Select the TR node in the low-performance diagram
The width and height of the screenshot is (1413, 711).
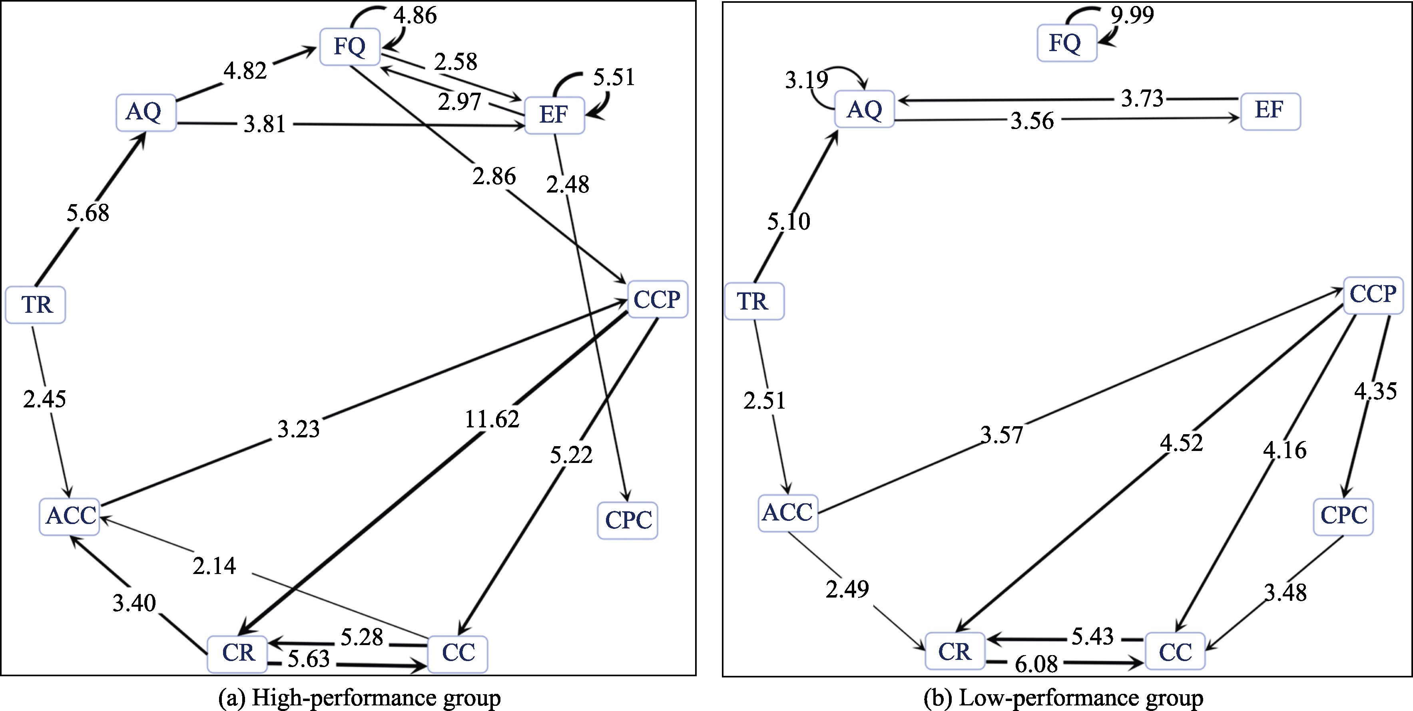(754, 301)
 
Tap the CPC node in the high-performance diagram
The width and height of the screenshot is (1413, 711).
(628, 520)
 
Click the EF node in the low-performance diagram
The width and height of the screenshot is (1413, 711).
(1270, 111)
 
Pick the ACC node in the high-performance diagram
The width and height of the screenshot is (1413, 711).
(70, 516)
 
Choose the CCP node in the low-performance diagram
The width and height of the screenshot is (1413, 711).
(1372, 295)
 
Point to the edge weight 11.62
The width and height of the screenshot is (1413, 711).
(492, 419)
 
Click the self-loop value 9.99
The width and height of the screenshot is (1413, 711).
(1132, 15)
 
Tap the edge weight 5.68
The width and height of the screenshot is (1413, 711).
(88, 213)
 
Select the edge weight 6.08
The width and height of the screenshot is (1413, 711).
(1036, 664)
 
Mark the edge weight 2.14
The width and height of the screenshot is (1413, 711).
(214, 566)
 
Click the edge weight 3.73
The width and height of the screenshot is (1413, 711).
(1142, 99)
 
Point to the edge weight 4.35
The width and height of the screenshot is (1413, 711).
(1375, 391)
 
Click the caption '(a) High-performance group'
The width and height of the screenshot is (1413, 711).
(359, 698)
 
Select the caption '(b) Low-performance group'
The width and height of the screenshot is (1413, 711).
(1063, 698)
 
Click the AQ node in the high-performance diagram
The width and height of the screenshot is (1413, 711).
(145, 112)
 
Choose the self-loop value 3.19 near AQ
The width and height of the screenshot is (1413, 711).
(806, 80)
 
